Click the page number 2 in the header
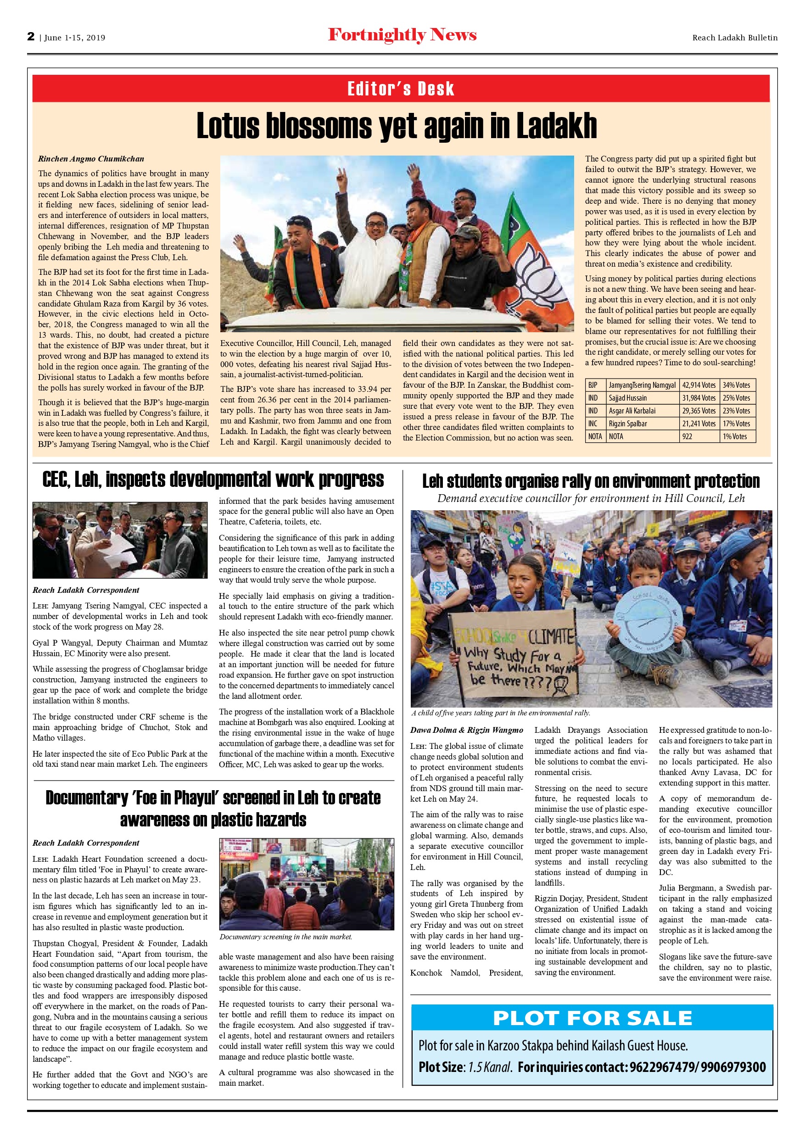pos(31,37)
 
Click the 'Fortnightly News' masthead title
pos(402,35)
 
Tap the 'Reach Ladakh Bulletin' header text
pos(735,38)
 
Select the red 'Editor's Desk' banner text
pos(401,89)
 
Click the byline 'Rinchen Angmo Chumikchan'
pos(91,159)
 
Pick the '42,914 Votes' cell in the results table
pos(699,385)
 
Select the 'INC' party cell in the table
pos(593,424)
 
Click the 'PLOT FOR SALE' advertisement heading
pos(592,1018)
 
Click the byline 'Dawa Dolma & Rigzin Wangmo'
pos(466,730)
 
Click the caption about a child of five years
pos(501,713)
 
